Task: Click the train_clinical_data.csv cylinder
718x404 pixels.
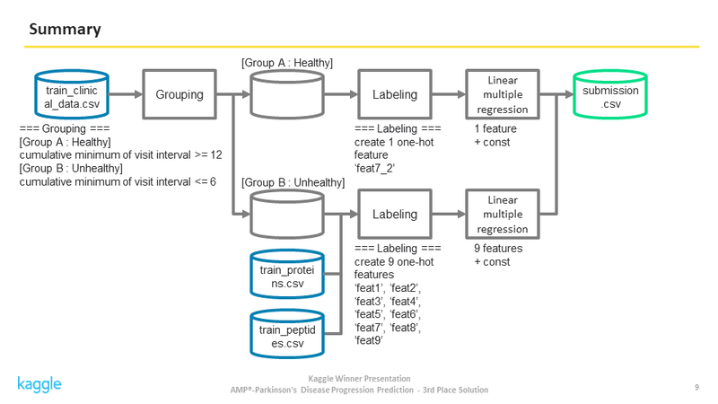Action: pos(72,94)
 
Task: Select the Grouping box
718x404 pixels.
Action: pos(179,94)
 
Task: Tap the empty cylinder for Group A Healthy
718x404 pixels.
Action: pos(287,94)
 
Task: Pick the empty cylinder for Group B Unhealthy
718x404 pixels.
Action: pos(287,214)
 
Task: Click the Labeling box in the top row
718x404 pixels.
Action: pos(395,94)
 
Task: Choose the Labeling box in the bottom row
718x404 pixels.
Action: pos(395,214)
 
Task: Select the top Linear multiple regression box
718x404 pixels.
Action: pos(503,94)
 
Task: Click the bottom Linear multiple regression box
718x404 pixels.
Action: pos(503,214)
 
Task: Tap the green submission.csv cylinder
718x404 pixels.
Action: pos(610,94)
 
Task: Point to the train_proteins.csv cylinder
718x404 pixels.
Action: pos(287,274)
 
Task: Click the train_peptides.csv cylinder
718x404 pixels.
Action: pos(287,334)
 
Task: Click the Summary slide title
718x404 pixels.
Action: pos(65,30)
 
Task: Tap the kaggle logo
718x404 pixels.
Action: pos(39,384)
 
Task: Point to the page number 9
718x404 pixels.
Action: pos(697,387)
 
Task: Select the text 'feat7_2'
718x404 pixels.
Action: pos(374,168)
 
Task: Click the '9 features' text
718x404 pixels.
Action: pos(498,249)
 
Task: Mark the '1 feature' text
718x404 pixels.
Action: pos(495,128)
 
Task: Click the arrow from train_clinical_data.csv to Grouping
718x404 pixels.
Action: pos(126,94)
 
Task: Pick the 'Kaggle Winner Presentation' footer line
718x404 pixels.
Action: pos(360,378)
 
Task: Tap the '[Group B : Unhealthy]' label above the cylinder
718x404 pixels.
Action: pos(293,182)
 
